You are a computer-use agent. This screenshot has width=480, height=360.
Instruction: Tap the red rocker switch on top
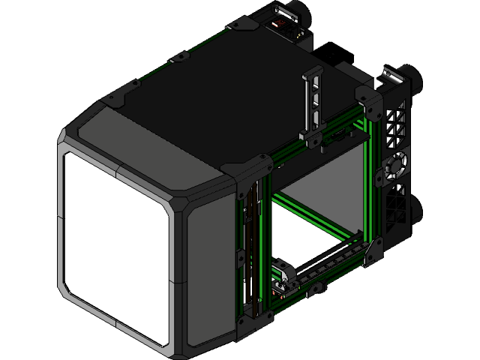pyautogui.click(x=282, y=25)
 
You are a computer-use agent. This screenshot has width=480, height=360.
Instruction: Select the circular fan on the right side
pyautogui.click(x=395, y=166)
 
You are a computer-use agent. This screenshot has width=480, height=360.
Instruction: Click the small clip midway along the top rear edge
pyautogui.click(x=178, y=57)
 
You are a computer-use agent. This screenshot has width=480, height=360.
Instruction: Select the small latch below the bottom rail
pyautogui.click(x=315, y=288)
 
